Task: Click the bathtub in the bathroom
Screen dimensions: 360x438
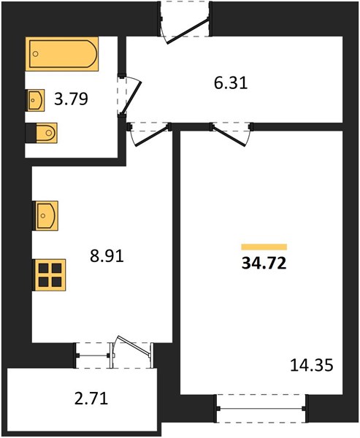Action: coord(62,54)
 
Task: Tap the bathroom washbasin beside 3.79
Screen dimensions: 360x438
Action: coord(36,100)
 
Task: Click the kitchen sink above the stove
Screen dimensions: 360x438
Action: coord(45,215)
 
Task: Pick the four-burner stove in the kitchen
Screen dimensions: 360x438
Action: coord(50,275)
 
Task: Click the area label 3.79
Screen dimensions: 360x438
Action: coord(71,99)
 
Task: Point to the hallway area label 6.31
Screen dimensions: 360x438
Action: coord(231,83)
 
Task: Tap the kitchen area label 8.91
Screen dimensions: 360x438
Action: coord(107,256)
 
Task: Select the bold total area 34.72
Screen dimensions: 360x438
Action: coord(264,263)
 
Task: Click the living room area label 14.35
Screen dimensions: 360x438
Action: coord(312,366)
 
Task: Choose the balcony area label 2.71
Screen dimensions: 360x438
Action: coord(91,399)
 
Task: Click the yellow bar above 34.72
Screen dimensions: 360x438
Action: coord(264,247)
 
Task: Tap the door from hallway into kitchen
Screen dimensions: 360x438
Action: coord(150,135)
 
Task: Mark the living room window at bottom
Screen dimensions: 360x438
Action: coord(261,408)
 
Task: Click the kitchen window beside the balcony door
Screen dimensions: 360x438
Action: coord(93,356)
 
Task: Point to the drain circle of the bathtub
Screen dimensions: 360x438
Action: coord(36,54)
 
